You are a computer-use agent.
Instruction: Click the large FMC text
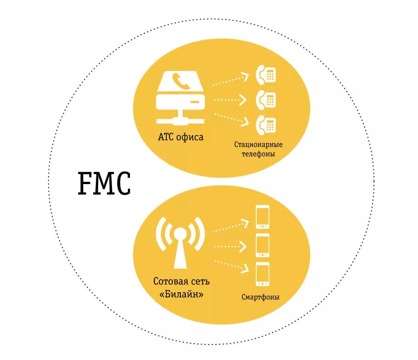point(104,184)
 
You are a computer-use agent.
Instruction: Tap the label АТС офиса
point(180,137)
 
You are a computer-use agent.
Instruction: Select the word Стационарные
point(258,145)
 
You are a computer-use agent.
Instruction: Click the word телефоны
point(258,154)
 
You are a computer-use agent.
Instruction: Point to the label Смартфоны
point(260,298)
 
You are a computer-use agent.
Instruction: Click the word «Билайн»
point(181,294)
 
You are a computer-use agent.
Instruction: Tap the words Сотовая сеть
point(181,281)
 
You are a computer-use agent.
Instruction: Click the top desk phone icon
point(266,75)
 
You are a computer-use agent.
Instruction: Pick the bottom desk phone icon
point(266,125)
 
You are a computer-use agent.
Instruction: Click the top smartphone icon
point(263,217)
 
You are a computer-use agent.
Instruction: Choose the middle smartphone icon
point(263,245)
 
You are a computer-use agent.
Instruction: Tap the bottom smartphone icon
point(263,274)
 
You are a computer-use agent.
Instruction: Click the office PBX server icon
point(181,98)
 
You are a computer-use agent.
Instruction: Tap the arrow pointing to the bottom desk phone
point(230,118)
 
